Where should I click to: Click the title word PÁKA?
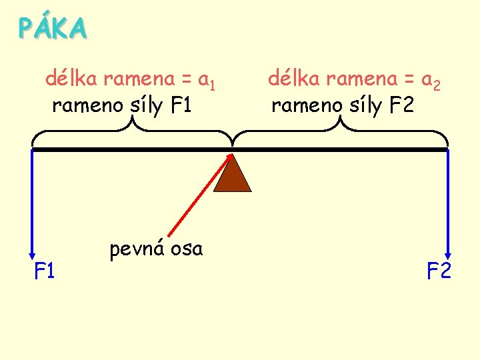[x=53, y=28]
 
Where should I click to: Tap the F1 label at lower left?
[x=45, y=271]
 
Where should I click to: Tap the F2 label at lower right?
[x=439, y=271]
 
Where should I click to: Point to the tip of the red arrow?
[x=231, y=155]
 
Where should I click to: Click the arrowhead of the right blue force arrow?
[x=448, y=255]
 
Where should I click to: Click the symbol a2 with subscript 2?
[x=431, y=81]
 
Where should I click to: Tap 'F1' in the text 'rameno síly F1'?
[x=181, y=105]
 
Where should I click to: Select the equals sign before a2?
[x=409, y=80]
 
